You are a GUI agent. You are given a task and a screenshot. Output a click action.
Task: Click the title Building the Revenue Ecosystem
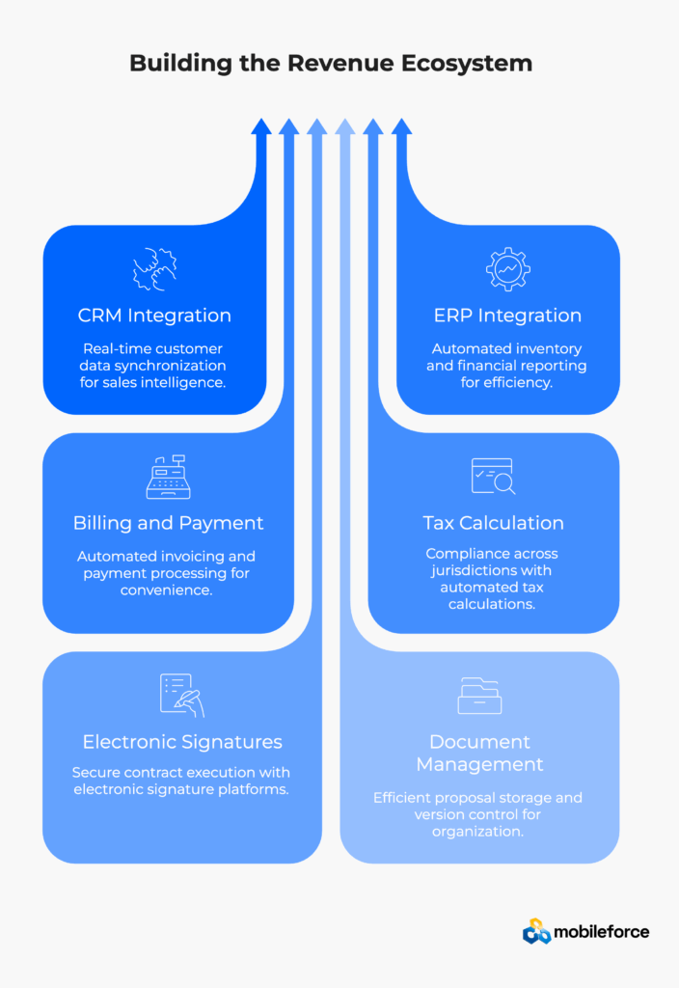pyautogui.click(x=331, y=64)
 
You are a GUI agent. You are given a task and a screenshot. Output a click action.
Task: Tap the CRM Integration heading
pyautogui.click(x=154, y=316)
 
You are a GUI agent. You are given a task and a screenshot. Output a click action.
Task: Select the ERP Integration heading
pyautogui.click(x=507, y=316)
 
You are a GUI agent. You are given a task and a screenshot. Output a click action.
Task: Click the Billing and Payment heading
pyautogui.click(x=168, y=523)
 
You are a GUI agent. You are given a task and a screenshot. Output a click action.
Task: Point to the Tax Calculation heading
pyautogui.click(x=493, y=523)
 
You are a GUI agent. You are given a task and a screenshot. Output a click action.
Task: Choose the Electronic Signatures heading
pyautogui.click(x=182, y=742)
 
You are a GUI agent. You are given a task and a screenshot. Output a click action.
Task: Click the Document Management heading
pyautogui.click(x=479, y=753)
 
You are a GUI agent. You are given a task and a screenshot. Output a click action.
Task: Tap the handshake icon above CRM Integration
pyautogui.click(x=154, y=269)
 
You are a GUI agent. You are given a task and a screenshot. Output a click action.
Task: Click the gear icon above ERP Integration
pyautogui.click(x=507, y=269)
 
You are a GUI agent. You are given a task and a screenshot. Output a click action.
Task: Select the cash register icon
pyautogui.click(x=168, y=477)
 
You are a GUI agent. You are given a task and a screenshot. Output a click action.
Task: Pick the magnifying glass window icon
pyautogui.click(x=493, y=477)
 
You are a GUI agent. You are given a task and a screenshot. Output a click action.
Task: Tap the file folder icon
pyautogui.click(x=479, y=695)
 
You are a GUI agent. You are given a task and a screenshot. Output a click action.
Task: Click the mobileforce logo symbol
pyautogui.click(x=536, y=931)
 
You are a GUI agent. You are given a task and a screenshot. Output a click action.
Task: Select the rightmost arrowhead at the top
pyautogui.click(x=402, y=126)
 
